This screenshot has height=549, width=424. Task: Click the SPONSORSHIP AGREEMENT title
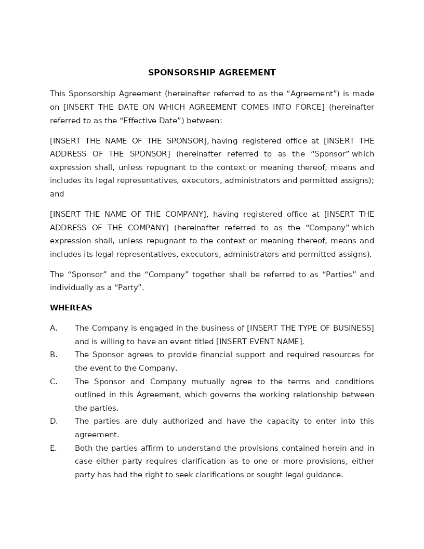coord(212,73)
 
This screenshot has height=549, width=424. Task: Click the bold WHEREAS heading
coord(71,308)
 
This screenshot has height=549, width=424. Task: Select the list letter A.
coord(53,328)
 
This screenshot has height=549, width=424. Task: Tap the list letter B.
coord(53,355)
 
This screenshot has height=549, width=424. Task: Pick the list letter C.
coord(53,382)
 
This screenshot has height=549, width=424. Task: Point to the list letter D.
coord(54,421)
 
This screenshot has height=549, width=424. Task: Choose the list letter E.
coord(53,448)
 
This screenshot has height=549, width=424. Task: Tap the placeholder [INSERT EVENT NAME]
coord(259,342)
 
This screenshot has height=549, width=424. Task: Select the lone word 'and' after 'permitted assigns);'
coord(57,194)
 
